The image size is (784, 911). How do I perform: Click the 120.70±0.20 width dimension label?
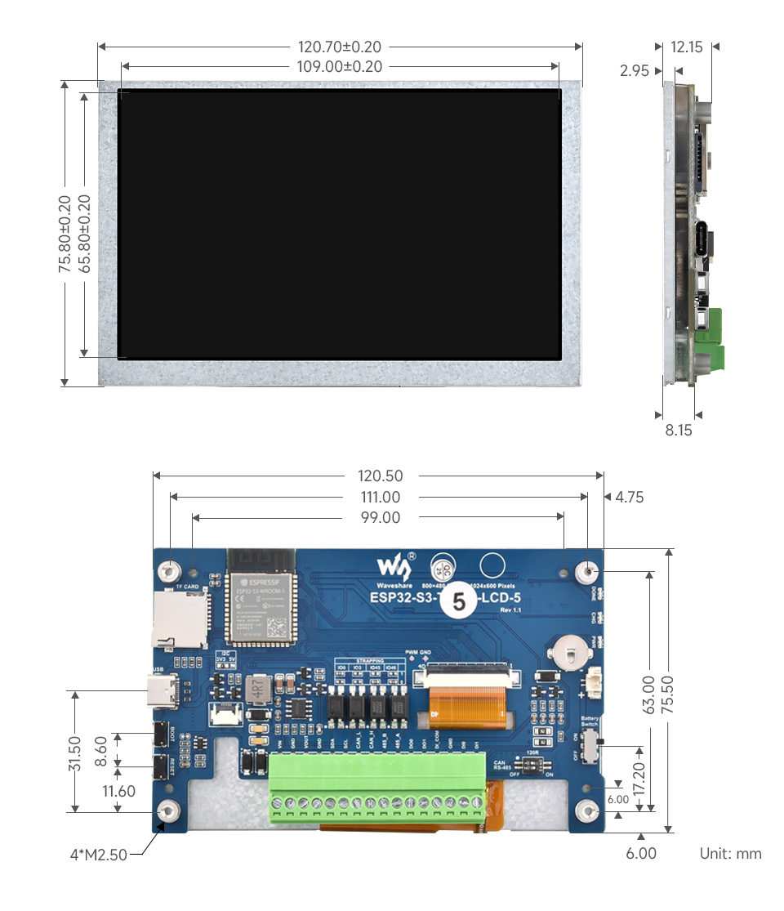tap(339, 47)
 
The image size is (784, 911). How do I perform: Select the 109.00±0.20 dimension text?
tap(339, 67)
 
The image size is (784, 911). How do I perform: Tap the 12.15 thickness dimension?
tap(686, 47)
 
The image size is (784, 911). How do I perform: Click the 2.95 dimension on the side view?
tap(635, 71)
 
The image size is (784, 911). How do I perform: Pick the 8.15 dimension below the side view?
tap(677, 430)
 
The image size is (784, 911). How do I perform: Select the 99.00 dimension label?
tap(381, 518)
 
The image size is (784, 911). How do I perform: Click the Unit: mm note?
tap(730, 854)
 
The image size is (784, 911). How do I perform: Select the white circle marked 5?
tap(458, 603)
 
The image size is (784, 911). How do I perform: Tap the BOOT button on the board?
tap(160, 734)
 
